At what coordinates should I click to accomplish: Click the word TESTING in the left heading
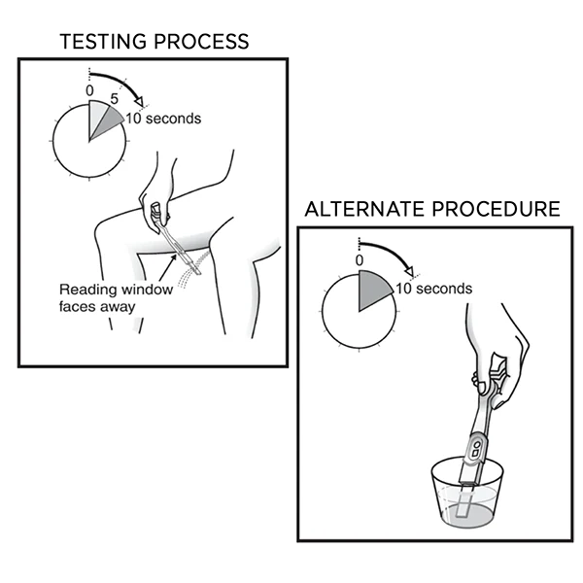pyautogui.click(x=103, y=41)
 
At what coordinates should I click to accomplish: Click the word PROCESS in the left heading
pyautogui.click(x=201, y=41)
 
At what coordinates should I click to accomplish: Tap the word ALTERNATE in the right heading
pyautogui.click(x=364, y=209)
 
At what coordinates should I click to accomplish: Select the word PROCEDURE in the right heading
pyautogui.click(x=496, y=209)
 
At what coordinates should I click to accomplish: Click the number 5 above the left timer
pyautogui.click(x=114, y=99)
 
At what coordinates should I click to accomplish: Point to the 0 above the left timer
pyautogui.click(x=89, y=90)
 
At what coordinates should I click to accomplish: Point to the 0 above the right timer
pyautogui.click(x=360, y=260)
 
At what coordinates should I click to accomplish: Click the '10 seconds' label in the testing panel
pyautogui.click(x=163, y=119)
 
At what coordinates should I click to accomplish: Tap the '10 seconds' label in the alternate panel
pyautogui.click(x=434, y=289)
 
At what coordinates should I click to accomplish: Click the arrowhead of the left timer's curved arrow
pyautogui.click(x=139, y=101)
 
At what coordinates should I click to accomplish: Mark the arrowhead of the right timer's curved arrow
pyautogui.click(x=409, y=270)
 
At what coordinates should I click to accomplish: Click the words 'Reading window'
pyautogui.click(x=116, y=290)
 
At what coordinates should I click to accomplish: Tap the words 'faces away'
pyautogui.click(x=96, y=307)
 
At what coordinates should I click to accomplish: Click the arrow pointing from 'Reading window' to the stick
pyautogui.click(x=168, y=267)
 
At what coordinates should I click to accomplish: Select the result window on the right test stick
pyautogui.click(x=476, y=448)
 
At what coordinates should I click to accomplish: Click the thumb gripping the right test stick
pyautogui.click(x=480, y=383)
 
